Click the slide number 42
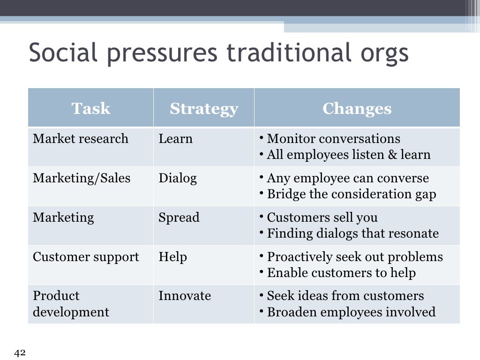point(20,353)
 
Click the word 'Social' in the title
point(64,53)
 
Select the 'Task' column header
point(90,108)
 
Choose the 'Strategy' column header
point(203,108)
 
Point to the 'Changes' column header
point(357,108)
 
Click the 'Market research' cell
point(81,139)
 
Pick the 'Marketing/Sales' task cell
point(82,178)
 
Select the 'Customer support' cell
point(86,257)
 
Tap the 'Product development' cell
point(71,304)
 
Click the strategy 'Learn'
point(175,139)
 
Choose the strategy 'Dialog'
point(178,178)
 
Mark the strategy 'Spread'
point(179,217)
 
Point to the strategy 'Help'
point(172,257)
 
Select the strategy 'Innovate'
point(185,296)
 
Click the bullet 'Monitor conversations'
point(333,139)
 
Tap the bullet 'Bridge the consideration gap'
point(351,194)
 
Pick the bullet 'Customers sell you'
point(322,217)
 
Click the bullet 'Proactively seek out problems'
point(354,257)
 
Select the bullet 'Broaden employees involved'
point(351,312)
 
